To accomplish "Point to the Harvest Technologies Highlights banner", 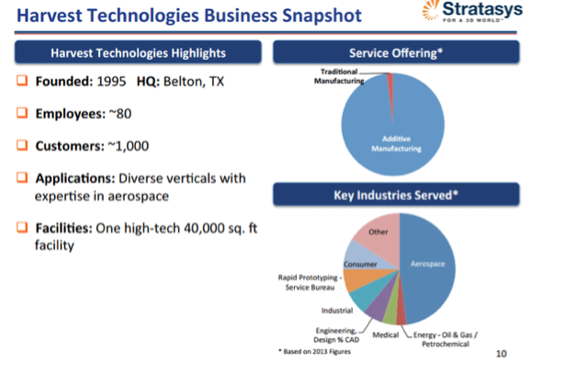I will pos(138,52).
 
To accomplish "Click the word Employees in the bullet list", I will pos(70,114).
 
